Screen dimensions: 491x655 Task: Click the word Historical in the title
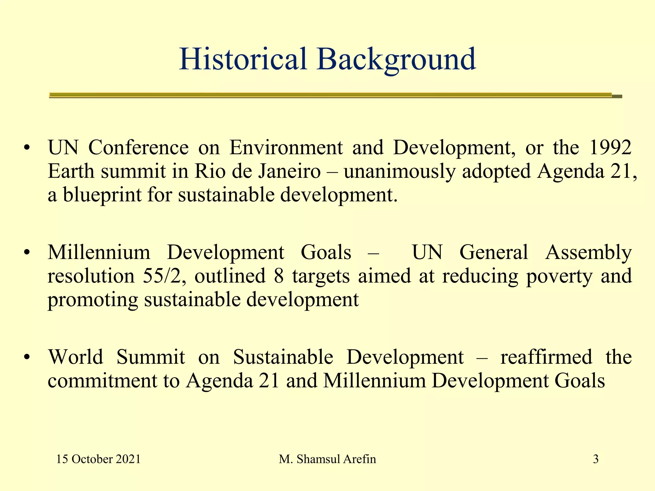pyautogui.click(x=243, y=59)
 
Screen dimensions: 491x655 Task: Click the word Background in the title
pyautogui.click(x=397, y=59)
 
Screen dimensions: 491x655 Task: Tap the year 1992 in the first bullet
pyautogui.click(x=610, y=148)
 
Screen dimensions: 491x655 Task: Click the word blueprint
pyautogui.click(x=102, y=195)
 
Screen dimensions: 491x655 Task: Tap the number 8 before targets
pyautogui.click(x=279, y=276)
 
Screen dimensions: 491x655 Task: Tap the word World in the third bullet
pyautogui.click(x=75, y=357)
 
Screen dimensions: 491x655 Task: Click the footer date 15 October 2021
pyautogui.click(x=98, y=459)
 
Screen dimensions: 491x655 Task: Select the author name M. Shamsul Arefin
pyautogui.click(x=327, y=459)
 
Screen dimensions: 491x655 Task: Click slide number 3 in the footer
pyautogui.click(x=596, y=459)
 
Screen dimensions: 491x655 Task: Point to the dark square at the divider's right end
pyautogui.click(x=617, y=96)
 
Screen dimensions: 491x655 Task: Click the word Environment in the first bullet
pyautogui.click(x=286, y=148)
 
